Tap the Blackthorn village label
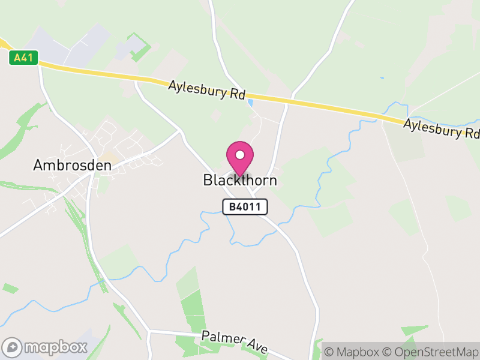tap(240, 180)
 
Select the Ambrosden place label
tap(73, 165)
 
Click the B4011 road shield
tap(245, 207)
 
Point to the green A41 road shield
tap(24, 58)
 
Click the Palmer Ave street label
tap(235, 341)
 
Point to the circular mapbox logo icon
tap(13, 347)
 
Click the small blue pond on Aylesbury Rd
tap(251, 104)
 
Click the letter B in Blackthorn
tap(208, 180)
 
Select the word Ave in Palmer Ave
tap(257, 346)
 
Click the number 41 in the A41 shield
tap(28, 58)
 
